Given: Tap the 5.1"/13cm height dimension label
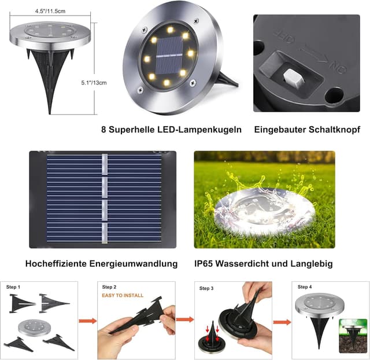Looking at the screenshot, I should [95, 83].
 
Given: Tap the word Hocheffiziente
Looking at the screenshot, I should [55, 263].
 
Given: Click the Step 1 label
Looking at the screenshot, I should [13, 287].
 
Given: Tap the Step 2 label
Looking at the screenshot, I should [109, 287].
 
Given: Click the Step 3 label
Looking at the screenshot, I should [206, 288].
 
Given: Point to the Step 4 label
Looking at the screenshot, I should [305, 287].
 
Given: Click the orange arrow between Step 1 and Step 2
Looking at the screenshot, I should [87, 320].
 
